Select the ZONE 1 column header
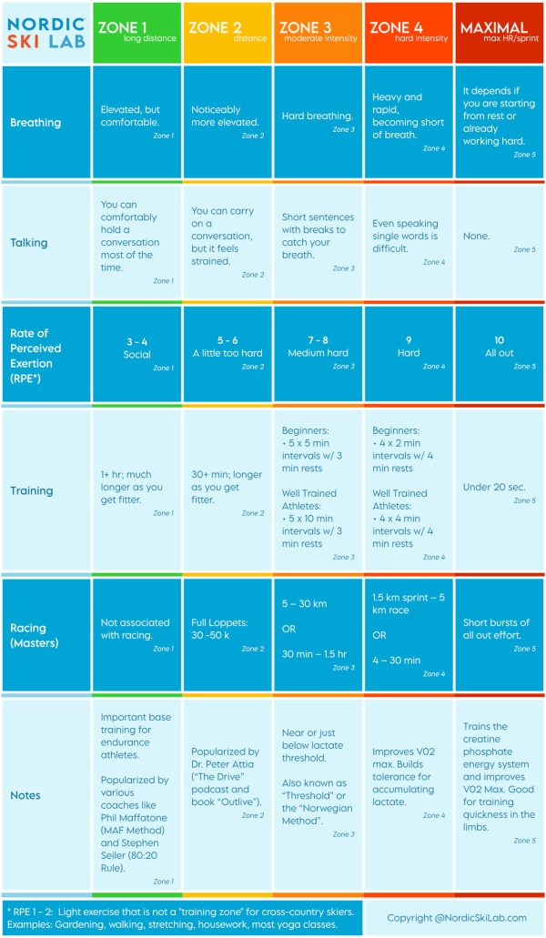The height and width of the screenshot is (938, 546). click(x=136, y=33)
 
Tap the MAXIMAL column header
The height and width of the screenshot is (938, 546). click(x=499, y=33)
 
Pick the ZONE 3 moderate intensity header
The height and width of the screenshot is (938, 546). click(x=318, y=33)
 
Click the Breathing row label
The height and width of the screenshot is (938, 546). click(x=35, y=122)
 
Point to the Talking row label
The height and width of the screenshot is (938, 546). click(x=30, y=243)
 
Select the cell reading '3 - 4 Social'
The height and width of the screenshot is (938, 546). click(x=136, y=348)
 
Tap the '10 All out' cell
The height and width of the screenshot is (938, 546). click(x=499, y=348)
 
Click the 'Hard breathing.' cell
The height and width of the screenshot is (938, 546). click(x=318, y=116)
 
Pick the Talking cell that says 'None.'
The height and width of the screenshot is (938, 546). click(x=476, y=236)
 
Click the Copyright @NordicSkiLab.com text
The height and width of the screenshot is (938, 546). click(x=456, y=918)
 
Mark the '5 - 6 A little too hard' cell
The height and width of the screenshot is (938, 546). click(x=227, y=348)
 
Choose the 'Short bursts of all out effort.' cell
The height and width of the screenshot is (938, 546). click(x=497, y=630)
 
